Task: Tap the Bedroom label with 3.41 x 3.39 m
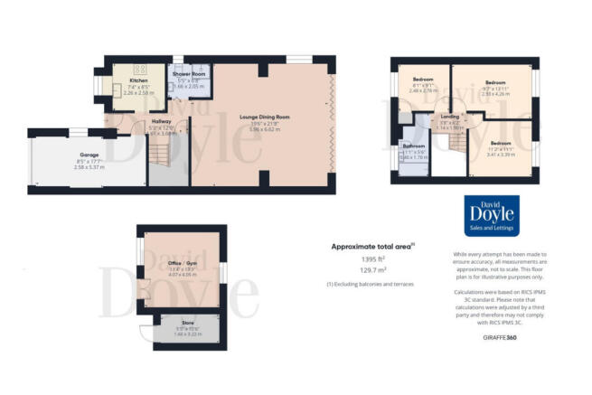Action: [501, 144]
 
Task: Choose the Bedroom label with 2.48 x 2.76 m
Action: [420, 80]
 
